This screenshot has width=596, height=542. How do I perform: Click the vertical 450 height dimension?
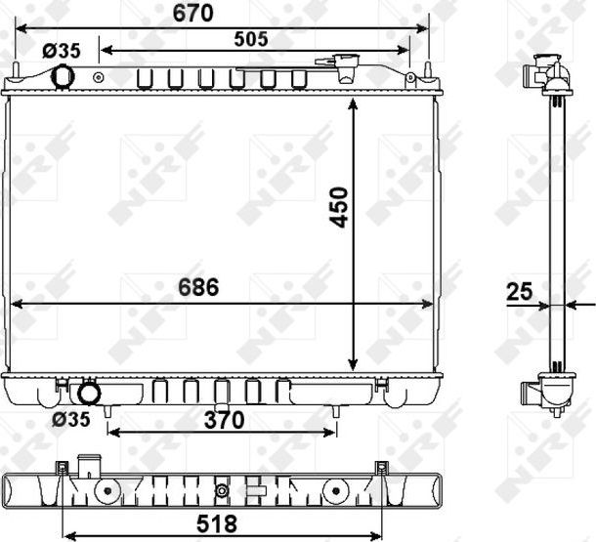[338, 207]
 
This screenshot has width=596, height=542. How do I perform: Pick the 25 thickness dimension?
[520, 290]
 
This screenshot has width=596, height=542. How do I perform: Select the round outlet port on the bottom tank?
[89, 394]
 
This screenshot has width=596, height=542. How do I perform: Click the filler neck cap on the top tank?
[346, 65]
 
